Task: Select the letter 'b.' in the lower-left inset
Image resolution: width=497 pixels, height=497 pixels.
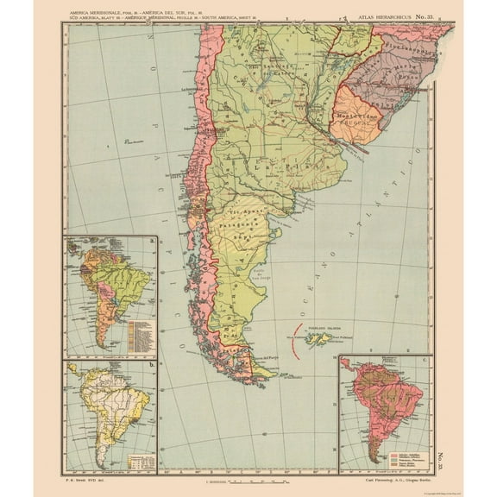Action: point(152,365)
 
